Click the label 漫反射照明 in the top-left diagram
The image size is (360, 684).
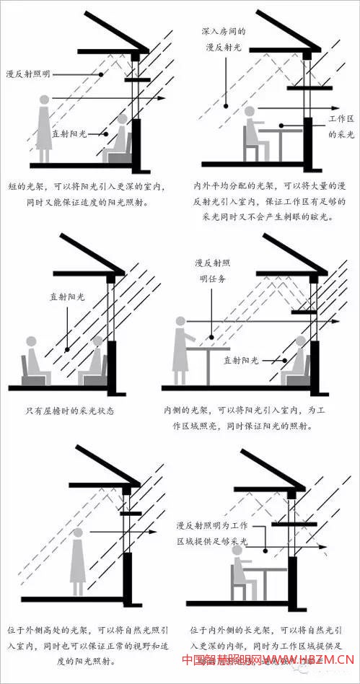click(x=27, y=74)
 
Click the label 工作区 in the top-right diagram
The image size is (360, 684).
click(x=341, y=118)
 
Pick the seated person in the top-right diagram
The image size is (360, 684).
click(x=253, y=134)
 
